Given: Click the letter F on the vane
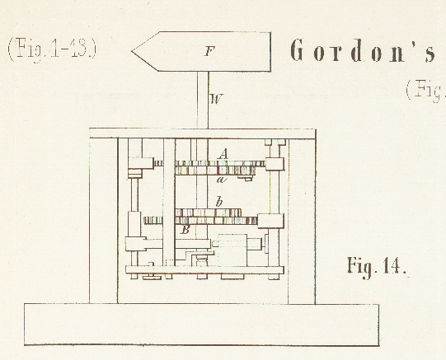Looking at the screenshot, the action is tap(209, 51).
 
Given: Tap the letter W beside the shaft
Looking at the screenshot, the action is tap(216, 99).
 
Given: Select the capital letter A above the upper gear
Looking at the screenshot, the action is tap(223, 154).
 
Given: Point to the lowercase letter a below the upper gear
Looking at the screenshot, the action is tap(222, 180).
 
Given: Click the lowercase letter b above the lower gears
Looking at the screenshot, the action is tap(218, 202).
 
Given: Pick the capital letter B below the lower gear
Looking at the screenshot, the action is tap(185, 230).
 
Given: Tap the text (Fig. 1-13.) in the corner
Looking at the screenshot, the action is tap(52, 49).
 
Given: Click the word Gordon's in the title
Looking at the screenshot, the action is tap(362, 50).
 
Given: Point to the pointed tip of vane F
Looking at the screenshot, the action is tap(132, 51).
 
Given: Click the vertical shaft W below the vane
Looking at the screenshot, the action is tap(203, 100).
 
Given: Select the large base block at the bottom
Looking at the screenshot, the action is tap(201, 325).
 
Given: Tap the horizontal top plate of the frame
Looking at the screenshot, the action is tap(202, 133).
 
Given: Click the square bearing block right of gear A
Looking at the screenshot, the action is tap(275, 164).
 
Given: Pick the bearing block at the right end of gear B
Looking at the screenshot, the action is tap(270, 221).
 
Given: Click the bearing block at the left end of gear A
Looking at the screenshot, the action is tap(141, 163).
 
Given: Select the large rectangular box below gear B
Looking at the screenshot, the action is tap(232, 250).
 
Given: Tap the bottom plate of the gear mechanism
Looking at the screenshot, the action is tap(204, 270).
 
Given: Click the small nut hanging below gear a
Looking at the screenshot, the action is tap(245, 178).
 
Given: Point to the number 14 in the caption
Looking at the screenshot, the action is tap(391, 266).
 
